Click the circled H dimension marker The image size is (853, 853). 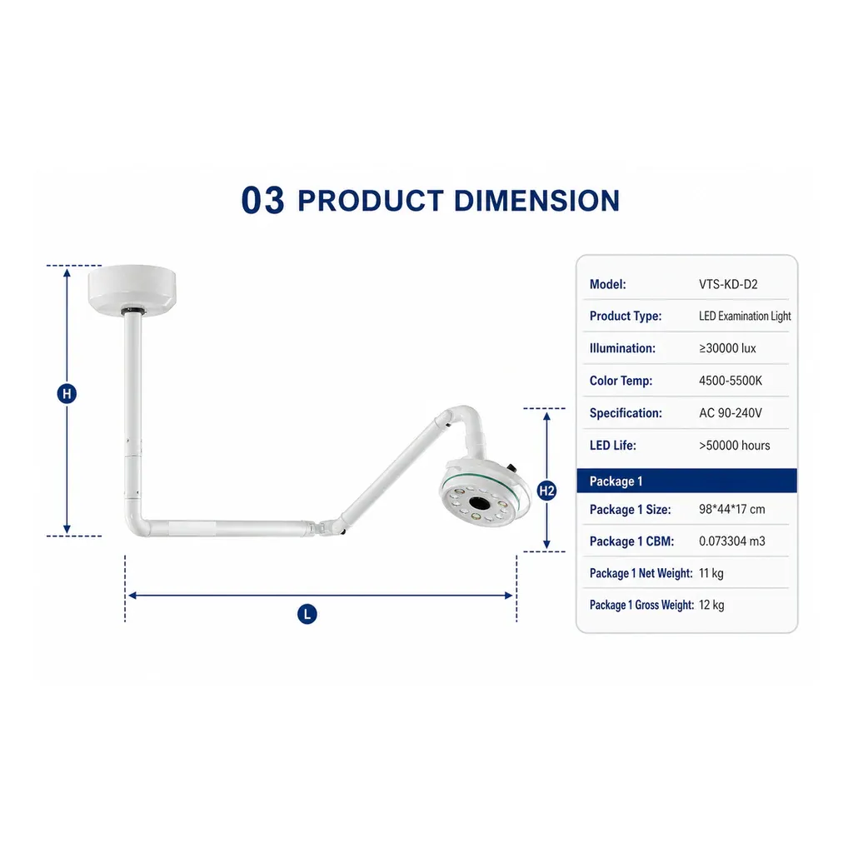pos(67,394)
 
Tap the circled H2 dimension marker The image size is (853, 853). pos(546,491)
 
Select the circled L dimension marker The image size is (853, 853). pos(307,615)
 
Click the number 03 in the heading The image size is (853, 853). pos(262,200)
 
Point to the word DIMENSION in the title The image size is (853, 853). pos(537,201)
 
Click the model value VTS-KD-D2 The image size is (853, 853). pos(728,285)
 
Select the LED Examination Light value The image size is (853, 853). pos(745,316)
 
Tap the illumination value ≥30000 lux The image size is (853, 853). pos(727,348)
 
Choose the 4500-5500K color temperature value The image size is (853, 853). pos(730,381)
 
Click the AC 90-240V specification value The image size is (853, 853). pos(730,413)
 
